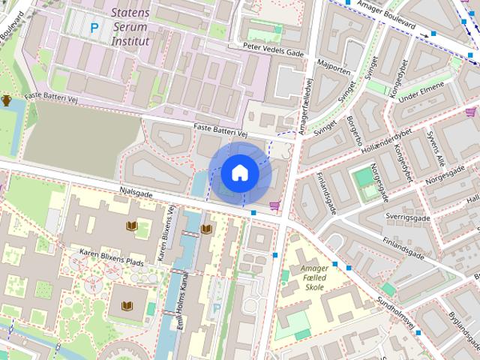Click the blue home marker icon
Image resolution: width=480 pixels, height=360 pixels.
tap(240, 172)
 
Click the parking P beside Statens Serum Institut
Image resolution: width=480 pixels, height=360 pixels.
tap(94, 28)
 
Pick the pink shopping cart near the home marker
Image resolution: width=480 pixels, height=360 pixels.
tap(274, 205)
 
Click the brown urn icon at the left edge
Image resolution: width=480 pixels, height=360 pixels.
tap(7, 100)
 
